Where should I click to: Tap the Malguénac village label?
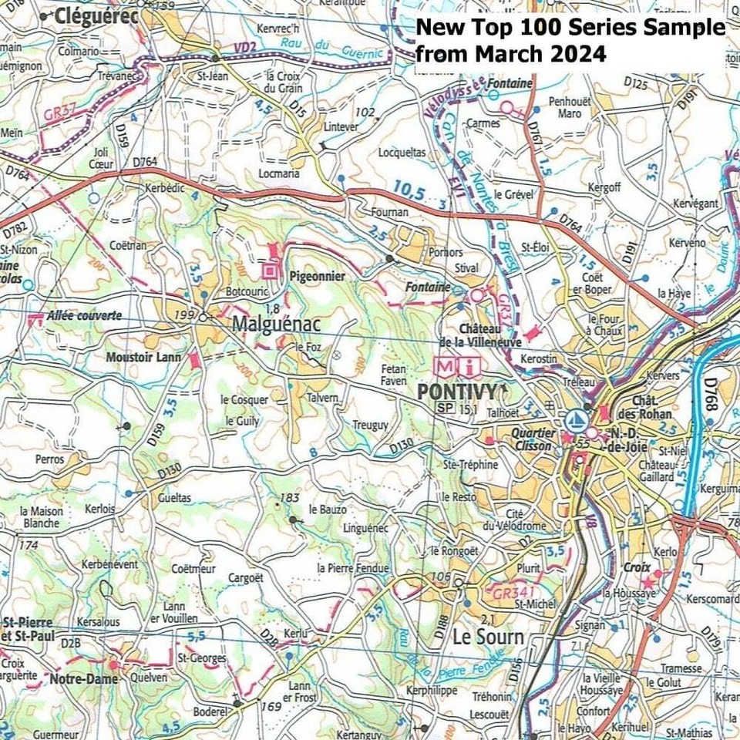pos(275,324)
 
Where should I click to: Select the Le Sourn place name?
pos(487,638)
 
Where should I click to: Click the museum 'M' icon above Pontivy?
pos(446,365)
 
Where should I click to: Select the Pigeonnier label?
pos(317,274)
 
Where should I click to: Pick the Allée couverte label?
pos(84,315)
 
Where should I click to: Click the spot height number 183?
pos(289,498)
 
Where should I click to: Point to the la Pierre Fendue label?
pos(353,568)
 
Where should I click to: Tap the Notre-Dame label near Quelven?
pos(84,679)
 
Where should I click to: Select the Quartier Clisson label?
pos(532,439)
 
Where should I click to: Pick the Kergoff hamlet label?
pos(604,187)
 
